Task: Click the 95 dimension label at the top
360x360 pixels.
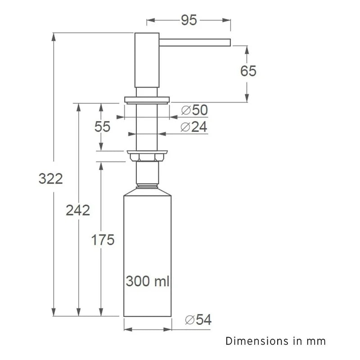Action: click(x=189, y=20)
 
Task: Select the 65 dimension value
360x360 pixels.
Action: click(x=248, y=71)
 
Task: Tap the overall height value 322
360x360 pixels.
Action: click(x=50, y=179)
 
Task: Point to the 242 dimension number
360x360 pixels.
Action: click(x=78, y=210)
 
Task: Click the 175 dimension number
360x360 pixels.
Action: click(x=103, y=240)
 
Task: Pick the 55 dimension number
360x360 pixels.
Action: click(x=103, y=126)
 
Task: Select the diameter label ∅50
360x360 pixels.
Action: click(x=194, y=110)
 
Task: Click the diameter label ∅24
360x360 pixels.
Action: click(x=193, y=127)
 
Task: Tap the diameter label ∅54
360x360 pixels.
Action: click(x=198, y=319)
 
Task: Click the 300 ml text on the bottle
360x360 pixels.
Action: click(x=148, y=281)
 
